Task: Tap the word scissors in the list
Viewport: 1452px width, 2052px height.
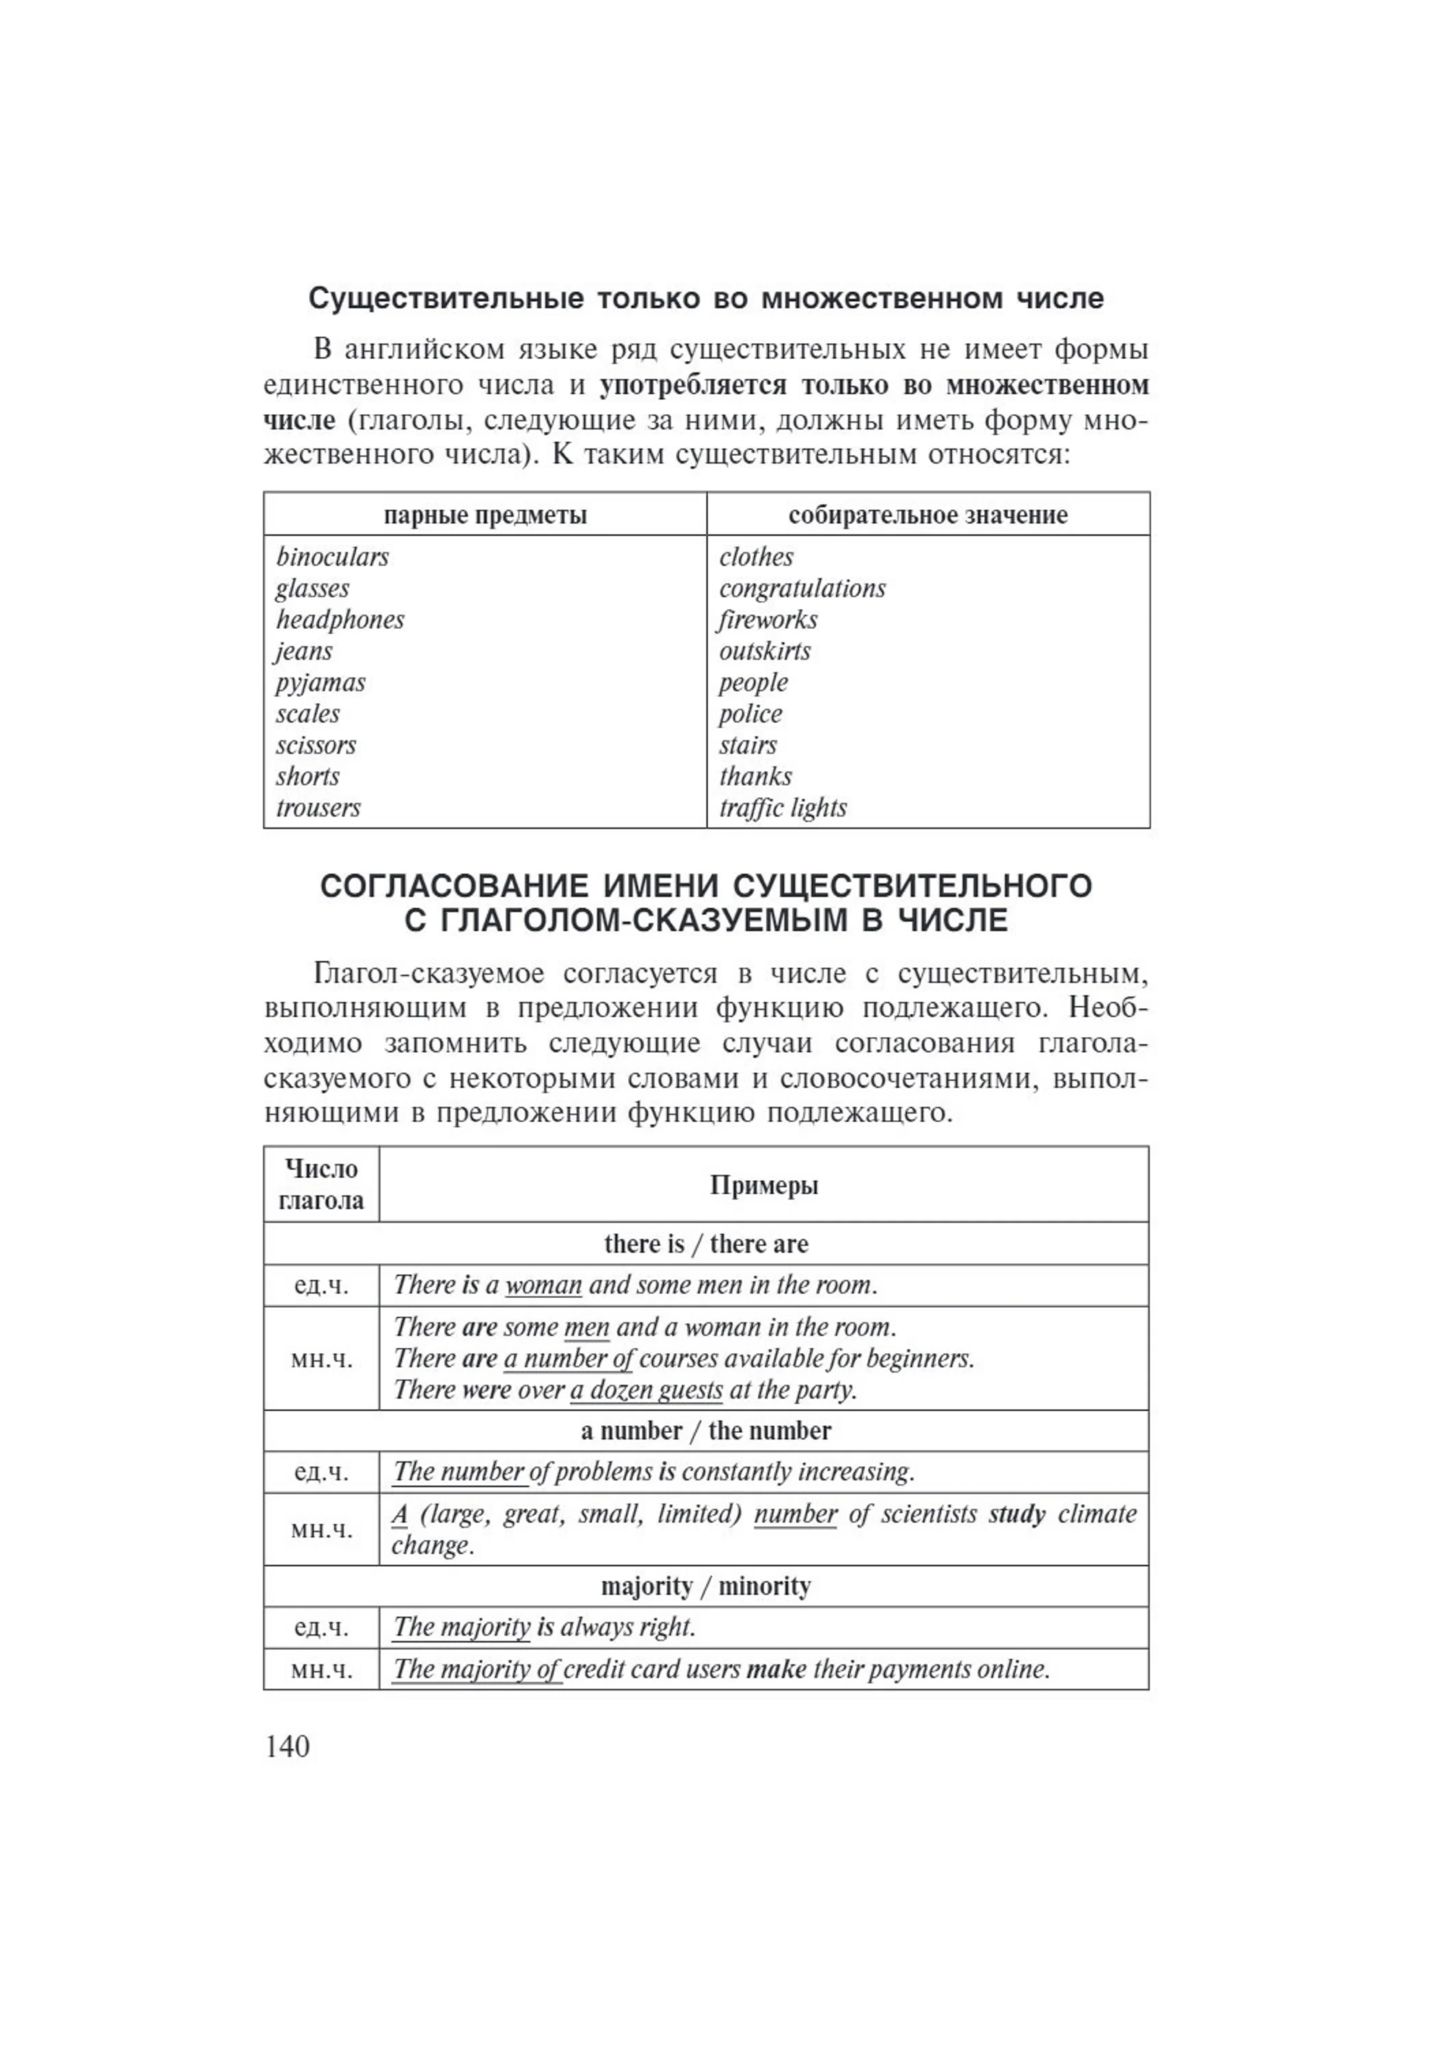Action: tap(315, 745)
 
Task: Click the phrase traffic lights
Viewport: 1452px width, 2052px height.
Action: tap(783, 808)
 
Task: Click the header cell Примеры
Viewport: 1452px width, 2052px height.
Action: tap(764, 1185)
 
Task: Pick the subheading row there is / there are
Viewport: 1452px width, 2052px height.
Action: tap(705, 1244)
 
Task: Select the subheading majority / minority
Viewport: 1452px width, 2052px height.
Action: tap(705, 1586)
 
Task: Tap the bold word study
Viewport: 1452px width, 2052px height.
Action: tap(1017, 1514)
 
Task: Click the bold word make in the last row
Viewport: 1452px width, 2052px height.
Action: tap(776, 1670)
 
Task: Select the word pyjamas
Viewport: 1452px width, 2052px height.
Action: tap(320, 683)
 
